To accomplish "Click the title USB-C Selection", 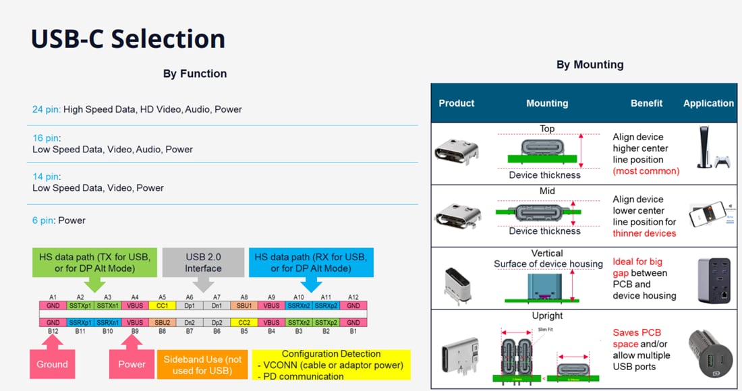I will (128, 38).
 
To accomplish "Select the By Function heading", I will (195, 73).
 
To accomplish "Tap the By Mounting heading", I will (590, 65).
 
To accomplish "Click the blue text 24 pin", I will (46, 109).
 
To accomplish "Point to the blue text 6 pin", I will (44, 220).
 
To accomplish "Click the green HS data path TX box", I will (94, 262).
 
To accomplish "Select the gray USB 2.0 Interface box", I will (203, 262).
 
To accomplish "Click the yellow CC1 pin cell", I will (162, 305).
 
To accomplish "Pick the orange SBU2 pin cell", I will (162, 322).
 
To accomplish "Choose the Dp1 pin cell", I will (190, 305).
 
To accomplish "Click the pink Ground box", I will (52, 363).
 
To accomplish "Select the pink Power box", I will (132, 363).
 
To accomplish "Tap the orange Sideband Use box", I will (202, 364).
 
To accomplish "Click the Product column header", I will (457, 103).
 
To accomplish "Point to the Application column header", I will (708, 103).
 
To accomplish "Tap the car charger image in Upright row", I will (709, 351).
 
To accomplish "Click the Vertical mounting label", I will (547, 253).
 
